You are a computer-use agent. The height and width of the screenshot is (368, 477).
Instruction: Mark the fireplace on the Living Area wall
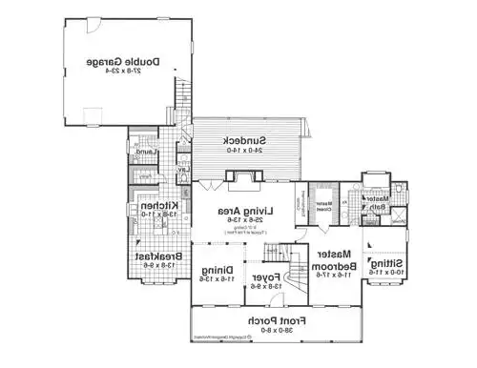(x=241, y=177)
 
